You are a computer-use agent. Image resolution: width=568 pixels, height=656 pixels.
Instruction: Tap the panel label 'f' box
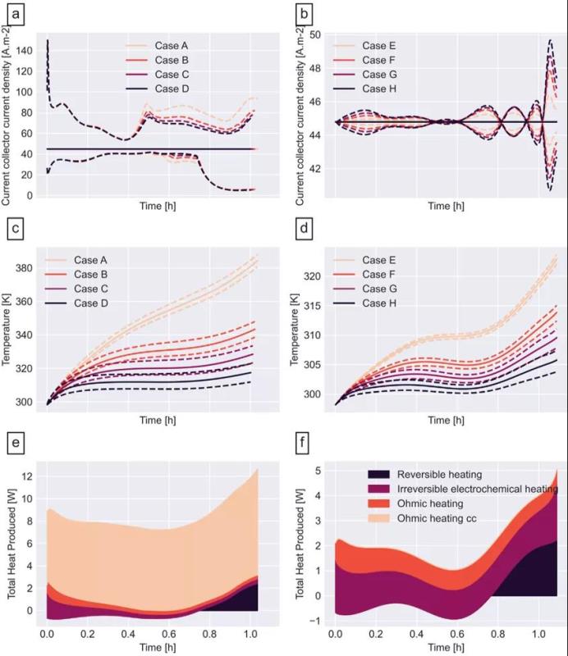(x=305, y=447)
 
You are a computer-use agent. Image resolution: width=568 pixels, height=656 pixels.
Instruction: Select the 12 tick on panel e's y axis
(x=29, y=476)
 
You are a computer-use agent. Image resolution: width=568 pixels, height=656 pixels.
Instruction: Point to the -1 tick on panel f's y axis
(x=314, y=619)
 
